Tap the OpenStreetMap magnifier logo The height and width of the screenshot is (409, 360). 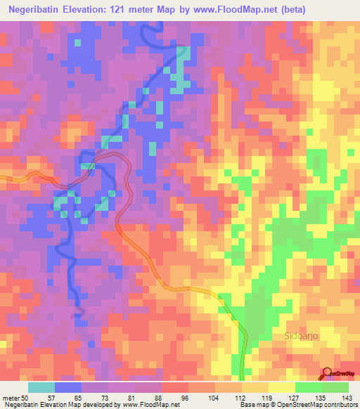tap(328, 373)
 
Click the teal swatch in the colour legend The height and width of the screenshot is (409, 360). tap(41, 387)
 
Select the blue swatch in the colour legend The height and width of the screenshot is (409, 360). tap(68, 387)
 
